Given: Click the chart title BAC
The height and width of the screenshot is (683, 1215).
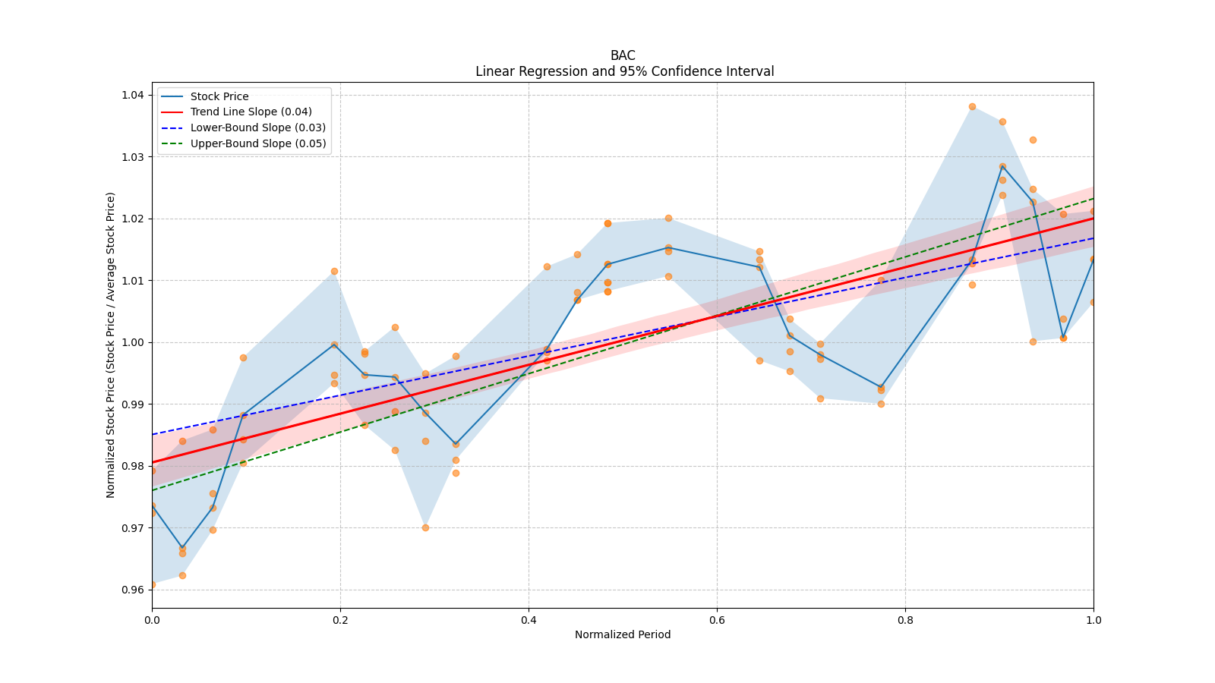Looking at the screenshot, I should pos(623,55).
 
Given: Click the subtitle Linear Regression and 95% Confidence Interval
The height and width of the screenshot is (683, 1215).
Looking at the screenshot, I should pos(624,71).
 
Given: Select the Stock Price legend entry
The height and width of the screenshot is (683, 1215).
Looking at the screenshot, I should pos(219,96).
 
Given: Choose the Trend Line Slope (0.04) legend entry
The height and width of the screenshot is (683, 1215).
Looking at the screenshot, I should pos(251,112).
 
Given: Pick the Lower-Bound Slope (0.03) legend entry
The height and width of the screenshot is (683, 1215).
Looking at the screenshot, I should pos(257,127).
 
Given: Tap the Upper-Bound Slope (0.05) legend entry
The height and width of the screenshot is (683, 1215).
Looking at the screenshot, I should pos(258,143).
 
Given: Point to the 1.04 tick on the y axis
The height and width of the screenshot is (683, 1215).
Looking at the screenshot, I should pos(133,95).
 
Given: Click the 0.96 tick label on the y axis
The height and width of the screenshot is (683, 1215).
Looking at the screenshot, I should pos(133,590).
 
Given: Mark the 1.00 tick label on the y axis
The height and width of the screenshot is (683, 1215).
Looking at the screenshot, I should pos(133,342).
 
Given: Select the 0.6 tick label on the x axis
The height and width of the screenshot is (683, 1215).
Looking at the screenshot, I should pos(717,620).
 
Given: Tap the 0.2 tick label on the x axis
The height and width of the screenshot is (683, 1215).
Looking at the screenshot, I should pos(340,620).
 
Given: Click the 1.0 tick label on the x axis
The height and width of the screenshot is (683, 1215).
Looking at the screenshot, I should pos(1093,620).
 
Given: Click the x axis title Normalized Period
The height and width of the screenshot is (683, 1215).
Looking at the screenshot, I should pos(623,634).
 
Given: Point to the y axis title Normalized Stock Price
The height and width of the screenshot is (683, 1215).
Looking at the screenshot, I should pos(111,345).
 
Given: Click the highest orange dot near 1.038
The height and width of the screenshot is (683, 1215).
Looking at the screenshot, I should pos(972,106).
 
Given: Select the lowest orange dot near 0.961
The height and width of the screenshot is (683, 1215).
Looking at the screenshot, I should pos(153,584).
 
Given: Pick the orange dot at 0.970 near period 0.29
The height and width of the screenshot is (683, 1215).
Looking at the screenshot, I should pos(425,527).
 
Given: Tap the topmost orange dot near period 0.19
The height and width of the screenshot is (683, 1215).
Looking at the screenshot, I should pos(334,271).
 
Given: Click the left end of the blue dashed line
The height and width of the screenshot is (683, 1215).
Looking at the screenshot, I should pos(153,434).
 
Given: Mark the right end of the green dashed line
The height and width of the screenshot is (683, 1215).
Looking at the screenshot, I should pos(1093,198).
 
